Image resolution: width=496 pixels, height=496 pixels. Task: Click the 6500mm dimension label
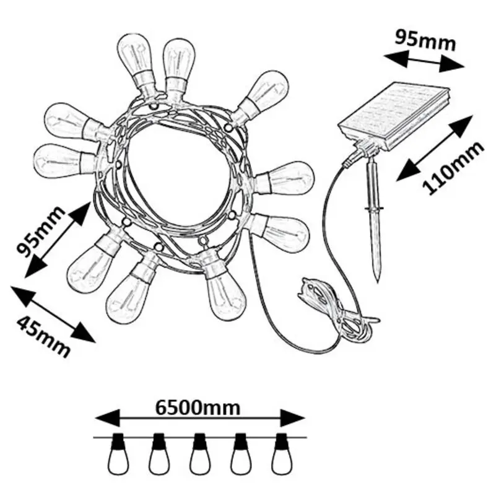coord(198,407)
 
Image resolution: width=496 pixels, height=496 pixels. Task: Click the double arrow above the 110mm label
coord(432,149)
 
